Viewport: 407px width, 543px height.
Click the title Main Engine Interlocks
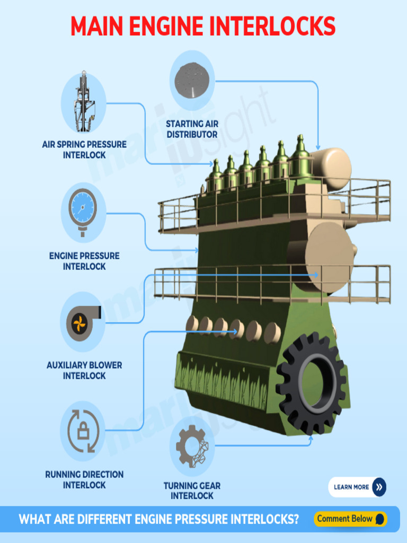point(203,26)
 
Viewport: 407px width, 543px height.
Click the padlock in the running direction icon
point(83,431)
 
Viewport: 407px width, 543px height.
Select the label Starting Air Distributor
point(192,129)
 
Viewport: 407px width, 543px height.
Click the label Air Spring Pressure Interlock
point(84,150)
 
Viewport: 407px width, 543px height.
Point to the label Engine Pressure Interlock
point(84,261)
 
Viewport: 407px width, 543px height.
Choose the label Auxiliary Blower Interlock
point(84,370)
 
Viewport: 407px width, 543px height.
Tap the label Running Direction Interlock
point(84,479)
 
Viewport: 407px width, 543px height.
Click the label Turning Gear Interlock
point(192,491)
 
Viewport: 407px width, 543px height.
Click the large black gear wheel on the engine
point(312,383)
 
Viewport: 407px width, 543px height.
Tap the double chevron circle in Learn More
point(379,487)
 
